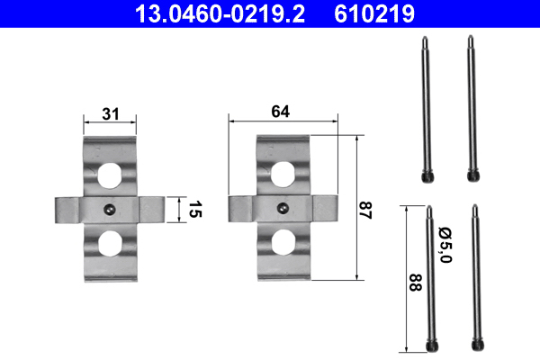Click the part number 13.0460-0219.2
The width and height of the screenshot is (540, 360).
220,14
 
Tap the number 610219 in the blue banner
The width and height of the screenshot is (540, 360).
374,14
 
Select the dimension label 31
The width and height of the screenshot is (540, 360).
110,113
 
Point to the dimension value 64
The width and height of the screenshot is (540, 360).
280,112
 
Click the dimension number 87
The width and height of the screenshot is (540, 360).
365,211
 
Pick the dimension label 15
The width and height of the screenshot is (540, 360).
195,210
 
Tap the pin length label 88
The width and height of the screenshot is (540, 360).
416,283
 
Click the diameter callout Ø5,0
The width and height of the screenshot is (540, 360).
445,245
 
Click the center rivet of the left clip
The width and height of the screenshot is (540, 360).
110,209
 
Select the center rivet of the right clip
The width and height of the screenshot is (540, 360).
283,208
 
